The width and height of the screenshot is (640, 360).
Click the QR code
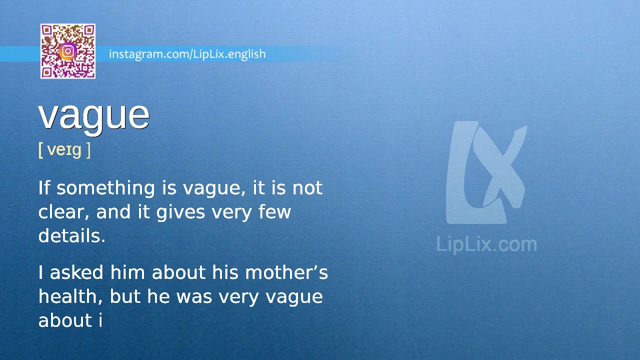[68, 51]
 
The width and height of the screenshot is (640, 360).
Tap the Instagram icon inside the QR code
[68, 51]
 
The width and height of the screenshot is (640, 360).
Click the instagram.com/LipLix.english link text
[187, 54]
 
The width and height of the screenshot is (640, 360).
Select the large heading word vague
[94, 115]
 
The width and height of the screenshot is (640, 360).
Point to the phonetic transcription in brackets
[64, 149]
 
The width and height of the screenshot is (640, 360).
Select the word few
[274, 212]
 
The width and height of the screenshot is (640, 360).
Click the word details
[71, 235]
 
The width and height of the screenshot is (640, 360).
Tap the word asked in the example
[77, 272]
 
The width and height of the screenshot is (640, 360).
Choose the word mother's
[286, 272]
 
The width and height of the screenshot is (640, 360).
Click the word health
[70, 296]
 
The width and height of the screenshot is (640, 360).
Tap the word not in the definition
[307, 188]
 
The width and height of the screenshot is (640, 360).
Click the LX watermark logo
[486, 172]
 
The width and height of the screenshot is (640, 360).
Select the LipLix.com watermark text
[486, 244]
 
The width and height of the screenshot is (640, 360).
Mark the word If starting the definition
[44, 188]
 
